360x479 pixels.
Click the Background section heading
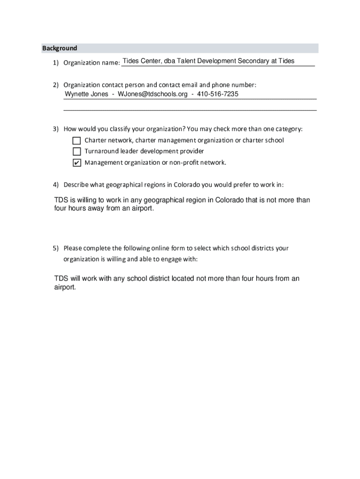(59, 48)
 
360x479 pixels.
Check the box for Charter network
(77, 140)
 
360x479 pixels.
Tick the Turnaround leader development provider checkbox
(77, 152)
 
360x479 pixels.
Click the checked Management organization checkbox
(77, 163)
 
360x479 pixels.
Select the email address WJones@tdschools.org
(152, 94)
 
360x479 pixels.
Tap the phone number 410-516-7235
(218, 94)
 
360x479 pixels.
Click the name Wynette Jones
(86, 94)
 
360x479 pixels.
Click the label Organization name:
(91, 63)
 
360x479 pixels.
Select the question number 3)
(56, 129)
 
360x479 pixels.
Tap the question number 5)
(56, 248)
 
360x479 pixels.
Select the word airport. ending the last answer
(65, 287)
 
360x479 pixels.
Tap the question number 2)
(56, 85)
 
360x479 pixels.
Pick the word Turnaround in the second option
(101, 152)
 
